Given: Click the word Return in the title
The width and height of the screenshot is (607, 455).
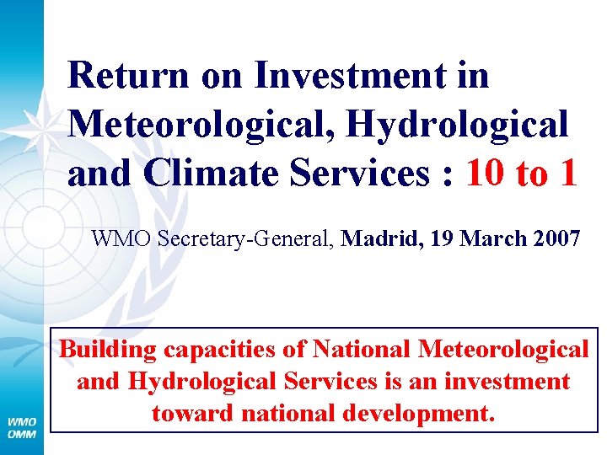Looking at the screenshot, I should [x=127, y=76].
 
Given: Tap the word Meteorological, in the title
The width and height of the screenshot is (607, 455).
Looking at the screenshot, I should [x=203, y=125].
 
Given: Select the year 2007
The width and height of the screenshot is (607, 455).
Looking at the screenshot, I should [x=555, y=239].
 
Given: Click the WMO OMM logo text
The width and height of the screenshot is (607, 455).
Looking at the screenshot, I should [x=23, y=426].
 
